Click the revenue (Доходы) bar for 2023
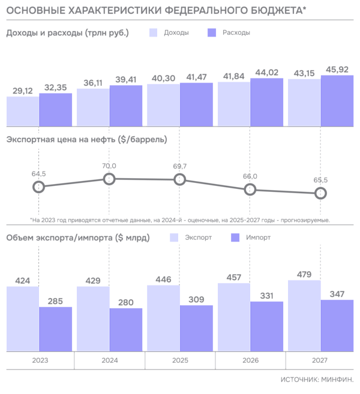(22, 110)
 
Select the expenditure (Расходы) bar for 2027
(338, 100)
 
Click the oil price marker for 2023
(39, 187)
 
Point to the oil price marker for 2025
(179, 179)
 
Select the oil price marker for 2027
(321, 193)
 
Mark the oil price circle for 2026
(250, 189)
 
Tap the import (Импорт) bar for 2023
(56, 328)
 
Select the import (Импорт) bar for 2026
(267, 326)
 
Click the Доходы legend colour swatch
(154, 33)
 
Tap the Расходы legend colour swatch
(211, 33)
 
